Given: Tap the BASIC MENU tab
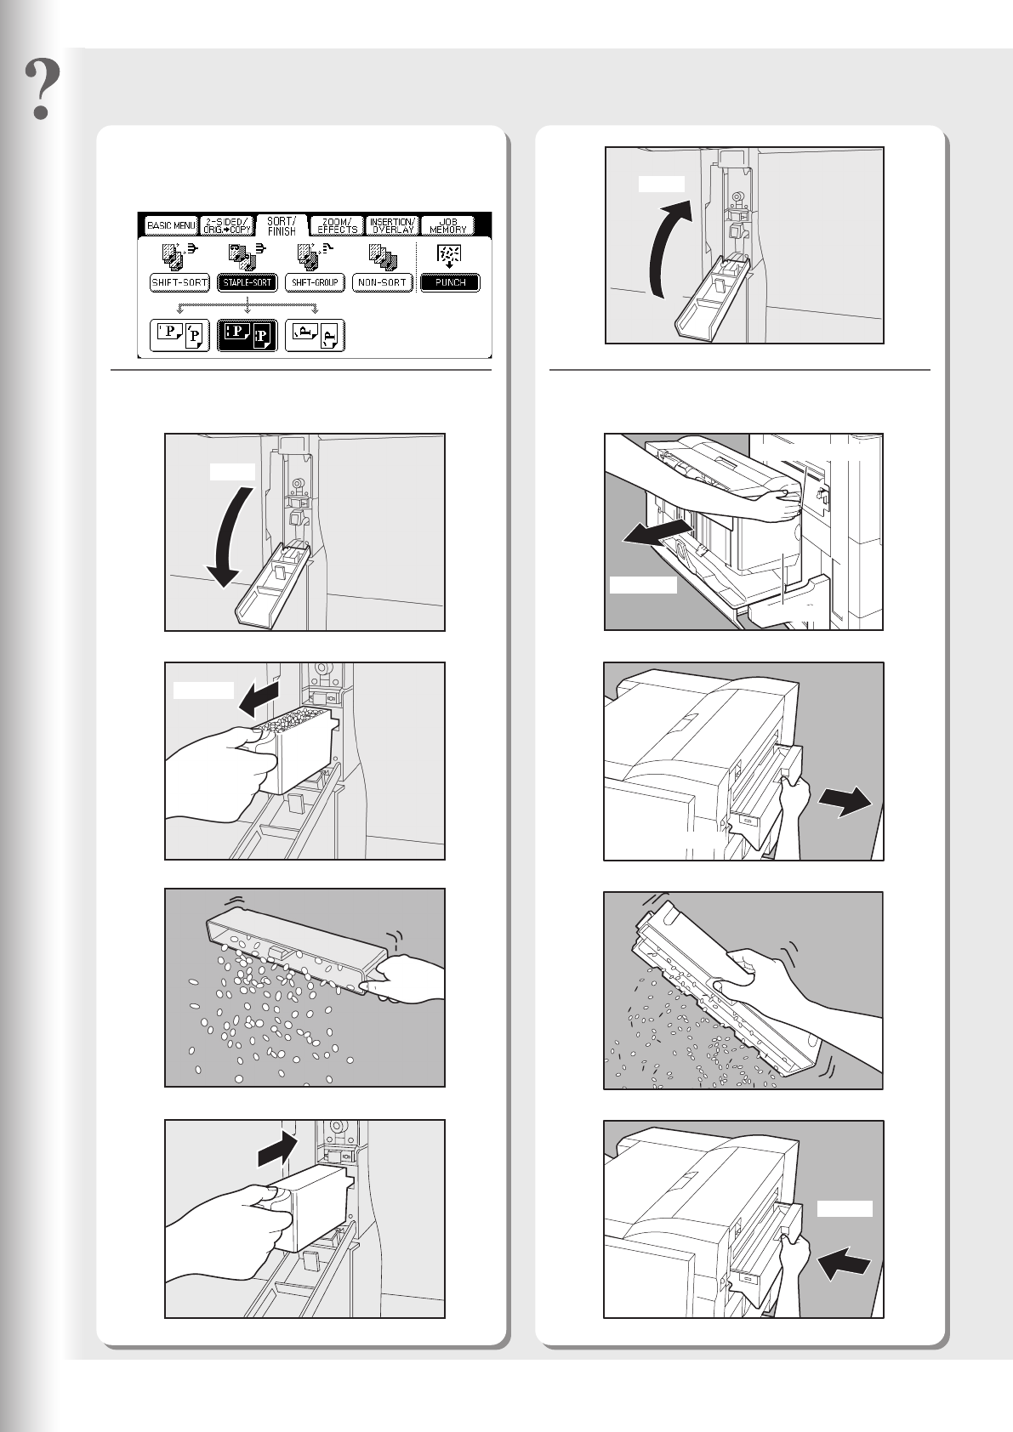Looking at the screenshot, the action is (171, 226).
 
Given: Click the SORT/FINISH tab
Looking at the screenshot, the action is (282, 225).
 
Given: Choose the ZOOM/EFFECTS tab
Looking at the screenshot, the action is (337, 226).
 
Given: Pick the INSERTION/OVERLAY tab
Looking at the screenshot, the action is (391, 226).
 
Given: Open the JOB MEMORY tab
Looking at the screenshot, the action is (448, 226).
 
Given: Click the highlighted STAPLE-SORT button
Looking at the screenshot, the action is (248, 282).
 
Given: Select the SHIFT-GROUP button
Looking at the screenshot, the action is (315, 282).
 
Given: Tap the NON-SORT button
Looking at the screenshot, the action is (382, 282).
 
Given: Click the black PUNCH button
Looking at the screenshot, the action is (450, 282).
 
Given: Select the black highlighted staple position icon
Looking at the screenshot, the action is (248, 336).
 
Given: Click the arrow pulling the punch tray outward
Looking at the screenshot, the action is (845, 802).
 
